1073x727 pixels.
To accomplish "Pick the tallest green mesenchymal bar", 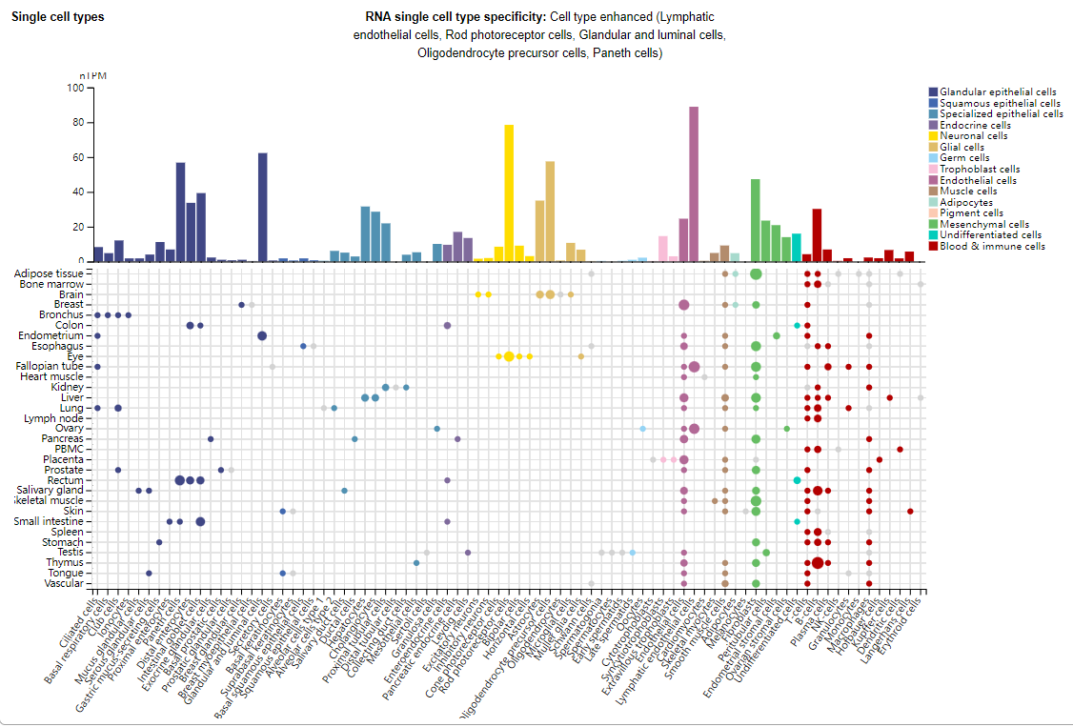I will coord(756,219).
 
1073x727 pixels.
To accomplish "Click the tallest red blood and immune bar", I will coord(817,234).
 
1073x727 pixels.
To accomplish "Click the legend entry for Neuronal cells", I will coord(973,136).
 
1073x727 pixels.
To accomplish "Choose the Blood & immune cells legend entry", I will coord(991,246).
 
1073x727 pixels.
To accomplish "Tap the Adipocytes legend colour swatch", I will coord(933,202).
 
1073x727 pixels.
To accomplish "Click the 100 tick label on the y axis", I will coord(74,88).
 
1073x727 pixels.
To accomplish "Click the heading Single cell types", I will coord(58,17).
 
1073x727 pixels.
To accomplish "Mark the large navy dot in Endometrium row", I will coord(262,335).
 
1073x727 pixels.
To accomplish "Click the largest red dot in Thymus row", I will coord(818,562).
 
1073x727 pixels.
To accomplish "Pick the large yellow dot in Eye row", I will coord(509,356).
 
